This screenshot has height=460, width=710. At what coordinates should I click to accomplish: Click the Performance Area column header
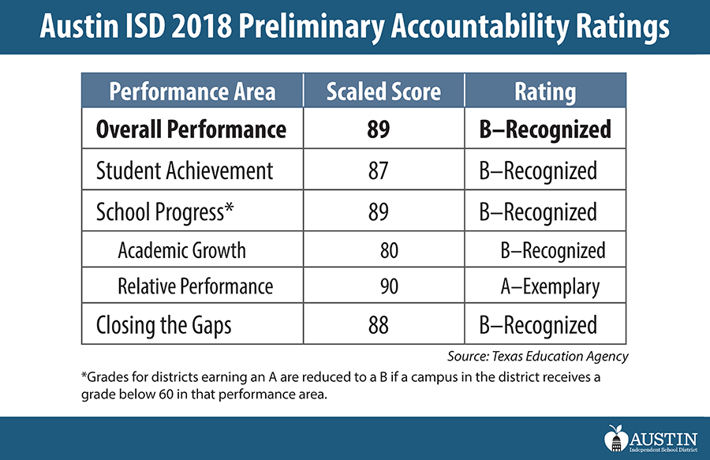click(192, 92)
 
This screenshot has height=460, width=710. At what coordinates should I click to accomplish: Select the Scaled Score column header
click(383, 92)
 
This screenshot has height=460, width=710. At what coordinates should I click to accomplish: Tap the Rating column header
click(545, 92)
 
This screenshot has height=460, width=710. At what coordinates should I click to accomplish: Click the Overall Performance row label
click(191, 129)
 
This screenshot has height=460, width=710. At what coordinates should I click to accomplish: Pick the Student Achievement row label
click(185, 170)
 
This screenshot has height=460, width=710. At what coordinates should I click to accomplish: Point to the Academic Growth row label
click(182, 251)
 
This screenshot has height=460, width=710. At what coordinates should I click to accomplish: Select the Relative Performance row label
click(196, 286)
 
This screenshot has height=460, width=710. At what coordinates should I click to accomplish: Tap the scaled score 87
click(378, 170)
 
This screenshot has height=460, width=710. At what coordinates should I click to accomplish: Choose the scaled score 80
click(389, 251)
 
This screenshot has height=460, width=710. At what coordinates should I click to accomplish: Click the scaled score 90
click(389, 286)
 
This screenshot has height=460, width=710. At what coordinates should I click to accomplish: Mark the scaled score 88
click(378, 324)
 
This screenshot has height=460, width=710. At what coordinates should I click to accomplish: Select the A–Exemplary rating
click(550, 286)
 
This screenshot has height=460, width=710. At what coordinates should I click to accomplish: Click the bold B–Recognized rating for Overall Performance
click(545, 129)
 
